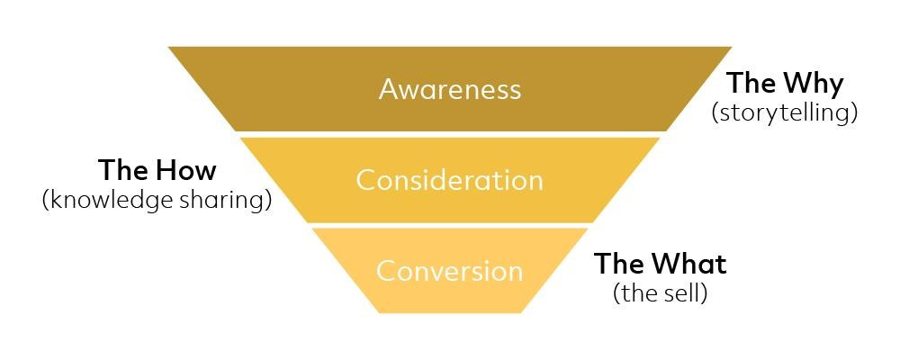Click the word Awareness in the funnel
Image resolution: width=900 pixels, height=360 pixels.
pos(449,89)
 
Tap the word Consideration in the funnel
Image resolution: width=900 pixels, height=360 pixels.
pos(449,180)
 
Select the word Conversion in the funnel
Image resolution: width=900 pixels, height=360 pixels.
pos(449,271)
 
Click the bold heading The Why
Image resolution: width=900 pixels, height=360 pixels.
pos(785,84)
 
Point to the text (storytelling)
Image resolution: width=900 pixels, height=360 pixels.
pos(784,113)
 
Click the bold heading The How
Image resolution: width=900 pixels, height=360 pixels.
pos(157,170)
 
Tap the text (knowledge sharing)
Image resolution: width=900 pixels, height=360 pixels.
pos(157,200)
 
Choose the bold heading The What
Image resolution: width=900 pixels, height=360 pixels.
pos(660,264)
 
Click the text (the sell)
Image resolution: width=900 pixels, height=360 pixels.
pos(660,293)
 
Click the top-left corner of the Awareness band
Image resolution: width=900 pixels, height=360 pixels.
pos(169,48)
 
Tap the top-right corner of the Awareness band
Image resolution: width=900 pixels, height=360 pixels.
pos(731,48)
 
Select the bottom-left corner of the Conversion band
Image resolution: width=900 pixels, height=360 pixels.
pos(379,312)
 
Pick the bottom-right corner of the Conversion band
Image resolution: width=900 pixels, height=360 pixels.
pos(521,312)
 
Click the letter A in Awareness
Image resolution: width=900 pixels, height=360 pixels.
pos(389,89)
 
